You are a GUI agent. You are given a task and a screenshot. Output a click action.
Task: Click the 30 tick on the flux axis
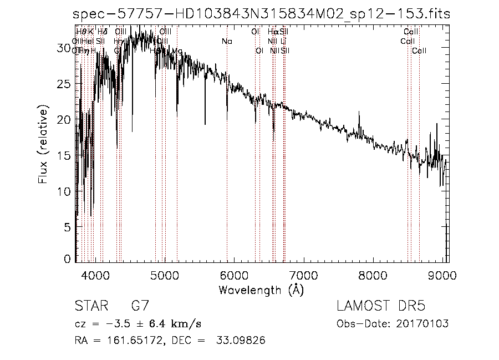[x=65, y=48]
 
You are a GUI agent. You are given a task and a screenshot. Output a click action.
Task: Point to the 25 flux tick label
[x=65, y=84]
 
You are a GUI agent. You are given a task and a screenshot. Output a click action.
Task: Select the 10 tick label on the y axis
[x=65, y=191]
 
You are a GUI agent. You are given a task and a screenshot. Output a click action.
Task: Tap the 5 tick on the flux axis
[x=68, y=227]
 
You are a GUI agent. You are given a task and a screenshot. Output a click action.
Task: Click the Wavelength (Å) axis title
[x=261, y=290]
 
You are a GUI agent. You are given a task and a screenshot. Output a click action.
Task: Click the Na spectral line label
[x=226, y=41]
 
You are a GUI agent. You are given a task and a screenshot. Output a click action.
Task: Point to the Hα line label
[x=273, y=32]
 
